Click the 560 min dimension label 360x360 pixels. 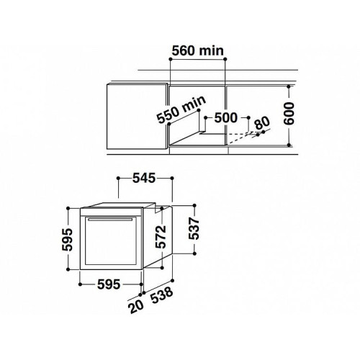pos(198,51)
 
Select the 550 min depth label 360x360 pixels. pos(181,109)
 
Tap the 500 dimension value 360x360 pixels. pos(225,117)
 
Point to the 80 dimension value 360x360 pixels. pos(262,124)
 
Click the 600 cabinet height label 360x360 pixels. pos(289,114)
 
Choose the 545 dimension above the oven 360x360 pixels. pos(144,178)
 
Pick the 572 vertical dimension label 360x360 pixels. pos(161,237)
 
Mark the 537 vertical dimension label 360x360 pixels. pos(194,228)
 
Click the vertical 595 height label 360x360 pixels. pos(67,240)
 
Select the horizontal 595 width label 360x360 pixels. pos(109,284)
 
